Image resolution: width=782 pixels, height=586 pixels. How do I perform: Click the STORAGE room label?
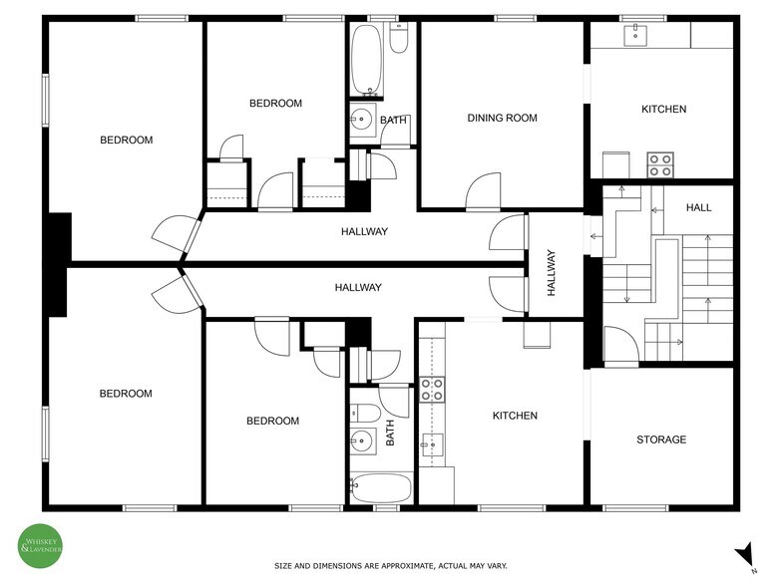click(661, 439)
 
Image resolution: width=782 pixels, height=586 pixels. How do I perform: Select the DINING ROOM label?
click(502, 118)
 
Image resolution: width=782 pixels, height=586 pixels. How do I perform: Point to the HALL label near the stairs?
click(698, 207)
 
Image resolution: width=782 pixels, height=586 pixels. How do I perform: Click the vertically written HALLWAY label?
click(552, 272)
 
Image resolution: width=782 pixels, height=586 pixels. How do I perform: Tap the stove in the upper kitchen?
click(659, 164)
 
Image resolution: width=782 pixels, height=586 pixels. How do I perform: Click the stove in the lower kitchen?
click(432, 389)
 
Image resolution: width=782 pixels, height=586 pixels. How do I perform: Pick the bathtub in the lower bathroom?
click(380, 489)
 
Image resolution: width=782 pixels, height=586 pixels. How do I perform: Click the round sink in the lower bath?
click(361, 439)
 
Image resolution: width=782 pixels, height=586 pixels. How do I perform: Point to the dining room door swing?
click(484, 190)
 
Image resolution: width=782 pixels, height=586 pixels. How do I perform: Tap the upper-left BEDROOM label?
click(127, 141)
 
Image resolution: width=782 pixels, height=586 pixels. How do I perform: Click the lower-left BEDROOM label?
click(126, 394)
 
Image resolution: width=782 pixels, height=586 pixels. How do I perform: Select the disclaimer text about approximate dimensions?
click(391, 566)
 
